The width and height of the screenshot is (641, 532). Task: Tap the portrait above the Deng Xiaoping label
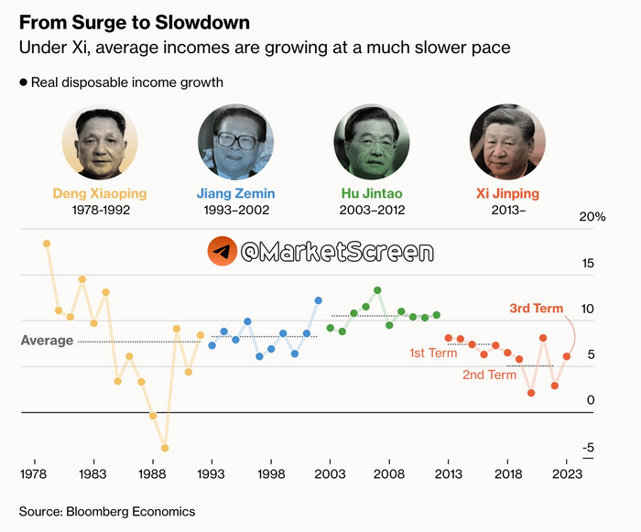coord(100,141)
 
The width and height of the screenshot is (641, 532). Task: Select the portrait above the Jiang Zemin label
coord(235,141)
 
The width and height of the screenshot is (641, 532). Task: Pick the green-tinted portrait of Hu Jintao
coord(371,141)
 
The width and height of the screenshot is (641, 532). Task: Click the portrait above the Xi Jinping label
coord(507,141)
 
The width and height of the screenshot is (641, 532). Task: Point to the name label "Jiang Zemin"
coord(235,194)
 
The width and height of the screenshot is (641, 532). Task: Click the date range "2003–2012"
coord(371,211)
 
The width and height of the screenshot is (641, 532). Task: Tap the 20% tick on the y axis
coord(593,217)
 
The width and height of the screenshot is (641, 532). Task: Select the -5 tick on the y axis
coord(590,448)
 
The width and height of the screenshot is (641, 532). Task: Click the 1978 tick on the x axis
coord(34,474)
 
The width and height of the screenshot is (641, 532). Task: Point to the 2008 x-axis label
coord(389,474)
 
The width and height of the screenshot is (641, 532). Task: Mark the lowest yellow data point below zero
coord(165,449)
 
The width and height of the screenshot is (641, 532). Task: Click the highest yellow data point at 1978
coord(47,244)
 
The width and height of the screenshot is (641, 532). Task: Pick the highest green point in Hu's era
coord(377,290)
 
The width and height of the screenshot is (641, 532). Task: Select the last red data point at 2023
coord(567,356)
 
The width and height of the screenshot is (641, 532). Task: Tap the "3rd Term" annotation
coord(537,309)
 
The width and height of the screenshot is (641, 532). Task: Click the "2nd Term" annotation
coord(489,375)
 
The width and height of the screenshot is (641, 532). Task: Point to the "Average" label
coord(47,341)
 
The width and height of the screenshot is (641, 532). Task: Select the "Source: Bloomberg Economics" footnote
coord(107,510)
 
